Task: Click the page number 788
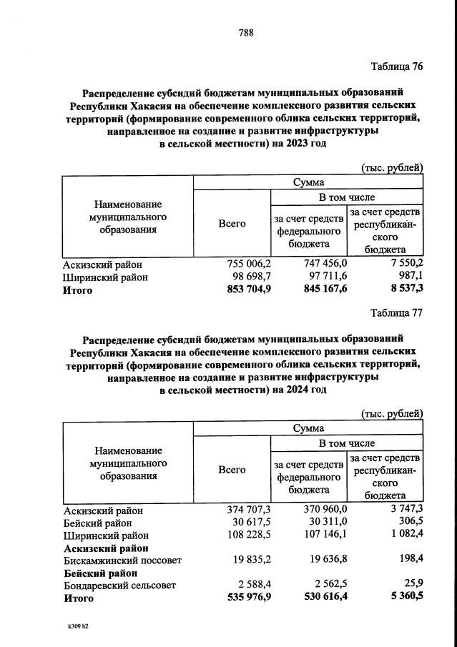pyautogui.click(x=246, y=33)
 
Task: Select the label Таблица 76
pyautogui.click(x=397, y=66)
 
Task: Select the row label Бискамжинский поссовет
pyautogui.click(x=122, y=561)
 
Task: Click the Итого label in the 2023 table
pyautogui.click(x=78, y=290)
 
